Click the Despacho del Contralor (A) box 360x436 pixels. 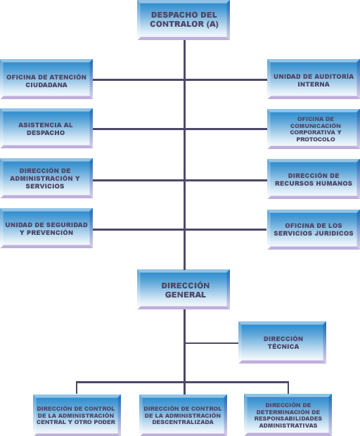184,20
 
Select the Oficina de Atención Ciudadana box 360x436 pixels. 46,79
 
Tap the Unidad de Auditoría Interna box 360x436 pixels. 314,79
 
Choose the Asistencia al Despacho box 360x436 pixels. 46,128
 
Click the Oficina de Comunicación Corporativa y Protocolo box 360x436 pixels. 314,129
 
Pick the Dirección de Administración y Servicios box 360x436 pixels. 46,178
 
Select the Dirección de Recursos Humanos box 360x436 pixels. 314,179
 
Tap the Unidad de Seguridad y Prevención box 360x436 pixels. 46,228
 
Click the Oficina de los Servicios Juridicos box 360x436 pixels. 314,229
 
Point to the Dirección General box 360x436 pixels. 184,289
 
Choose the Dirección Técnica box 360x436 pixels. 282,342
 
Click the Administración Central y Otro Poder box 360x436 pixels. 77,415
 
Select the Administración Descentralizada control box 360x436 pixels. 183,415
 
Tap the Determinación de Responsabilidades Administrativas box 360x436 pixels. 288,415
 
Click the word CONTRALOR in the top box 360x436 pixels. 177,24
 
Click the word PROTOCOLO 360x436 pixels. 316,139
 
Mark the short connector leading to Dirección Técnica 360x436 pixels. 212,343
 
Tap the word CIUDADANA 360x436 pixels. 46,85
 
